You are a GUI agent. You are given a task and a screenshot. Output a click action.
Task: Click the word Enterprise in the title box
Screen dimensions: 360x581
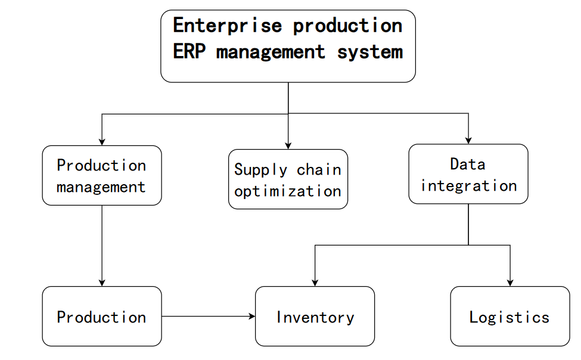(x=228, y=26)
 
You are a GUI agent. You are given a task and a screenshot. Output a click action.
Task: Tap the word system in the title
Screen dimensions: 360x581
(x=370, y=52)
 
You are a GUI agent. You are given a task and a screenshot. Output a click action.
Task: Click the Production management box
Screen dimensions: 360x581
(x=102, y=176)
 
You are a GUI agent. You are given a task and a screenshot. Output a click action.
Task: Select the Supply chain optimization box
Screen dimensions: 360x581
(x=288, y=179)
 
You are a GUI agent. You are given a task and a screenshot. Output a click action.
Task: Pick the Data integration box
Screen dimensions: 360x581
(x=468, y=174)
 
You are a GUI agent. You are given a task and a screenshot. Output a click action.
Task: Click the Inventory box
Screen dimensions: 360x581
(x=315, y=316)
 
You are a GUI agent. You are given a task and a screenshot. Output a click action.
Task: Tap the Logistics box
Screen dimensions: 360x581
(x=509, y=316)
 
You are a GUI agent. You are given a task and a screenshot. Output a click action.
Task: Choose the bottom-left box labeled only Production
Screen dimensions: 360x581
(x=102, y=316)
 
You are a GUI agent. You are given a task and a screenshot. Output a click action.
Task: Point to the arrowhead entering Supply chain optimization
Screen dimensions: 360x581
(x=288, y=145)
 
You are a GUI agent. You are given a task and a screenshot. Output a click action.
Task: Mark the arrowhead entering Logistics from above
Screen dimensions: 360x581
(x=510, y=282)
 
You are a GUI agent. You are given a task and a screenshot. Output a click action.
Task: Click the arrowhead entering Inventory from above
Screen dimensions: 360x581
(x=315, y=282)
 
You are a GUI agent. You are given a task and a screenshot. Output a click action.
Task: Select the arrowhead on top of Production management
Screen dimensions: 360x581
(x=102, y=141)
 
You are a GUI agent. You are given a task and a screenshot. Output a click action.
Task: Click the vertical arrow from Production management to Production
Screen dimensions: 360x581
(x=102, y=244)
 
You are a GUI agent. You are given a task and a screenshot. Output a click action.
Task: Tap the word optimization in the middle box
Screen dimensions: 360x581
(x=288, y=191)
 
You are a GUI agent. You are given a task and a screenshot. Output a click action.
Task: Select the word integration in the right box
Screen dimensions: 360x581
(x=468, y=185)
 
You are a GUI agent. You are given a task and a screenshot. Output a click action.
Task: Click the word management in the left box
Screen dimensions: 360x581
(x=101, y=187)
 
